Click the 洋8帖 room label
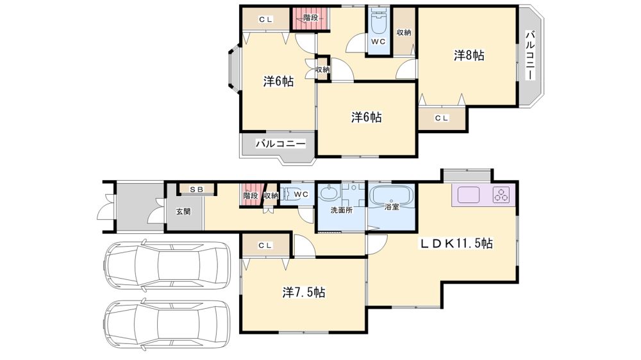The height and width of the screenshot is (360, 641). pyautogui.click(x=469, y=55)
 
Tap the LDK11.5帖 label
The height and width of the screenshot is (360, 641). pyautogui.click(x=456, y=243)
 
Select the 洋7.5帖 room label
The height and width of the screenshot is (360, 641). pyautogui.click(x=304, y=293)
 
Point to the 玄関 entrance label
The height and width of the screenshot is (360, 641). pyautogui.click(x=183, y=211)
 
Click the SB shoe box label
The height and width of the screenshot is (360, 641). pyautogui.click(x=196, y=190)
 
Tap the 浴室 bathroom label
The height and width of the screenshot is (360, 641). pyautogui.click(x=392, y=207)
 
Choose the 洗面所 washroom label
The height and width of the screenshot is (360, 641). pyautogui.click(x=342, y=211)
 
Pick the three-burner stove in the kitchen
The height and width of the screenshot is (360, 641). pyautogui.click(x=502, y=195)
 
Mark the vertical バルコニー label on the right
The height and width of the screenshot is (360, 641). pyautogui.click(x=530, y=55)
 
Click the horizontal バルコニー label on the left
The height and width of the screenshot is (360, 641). pyautogui.click(x=281, y=144)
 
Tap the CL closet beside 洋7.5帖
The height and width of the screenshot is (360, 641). pyautogui.click(x=265, y=245)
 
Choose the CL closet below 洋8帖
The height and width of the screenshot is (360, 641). pyautogui.click(x=442, y=119)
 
